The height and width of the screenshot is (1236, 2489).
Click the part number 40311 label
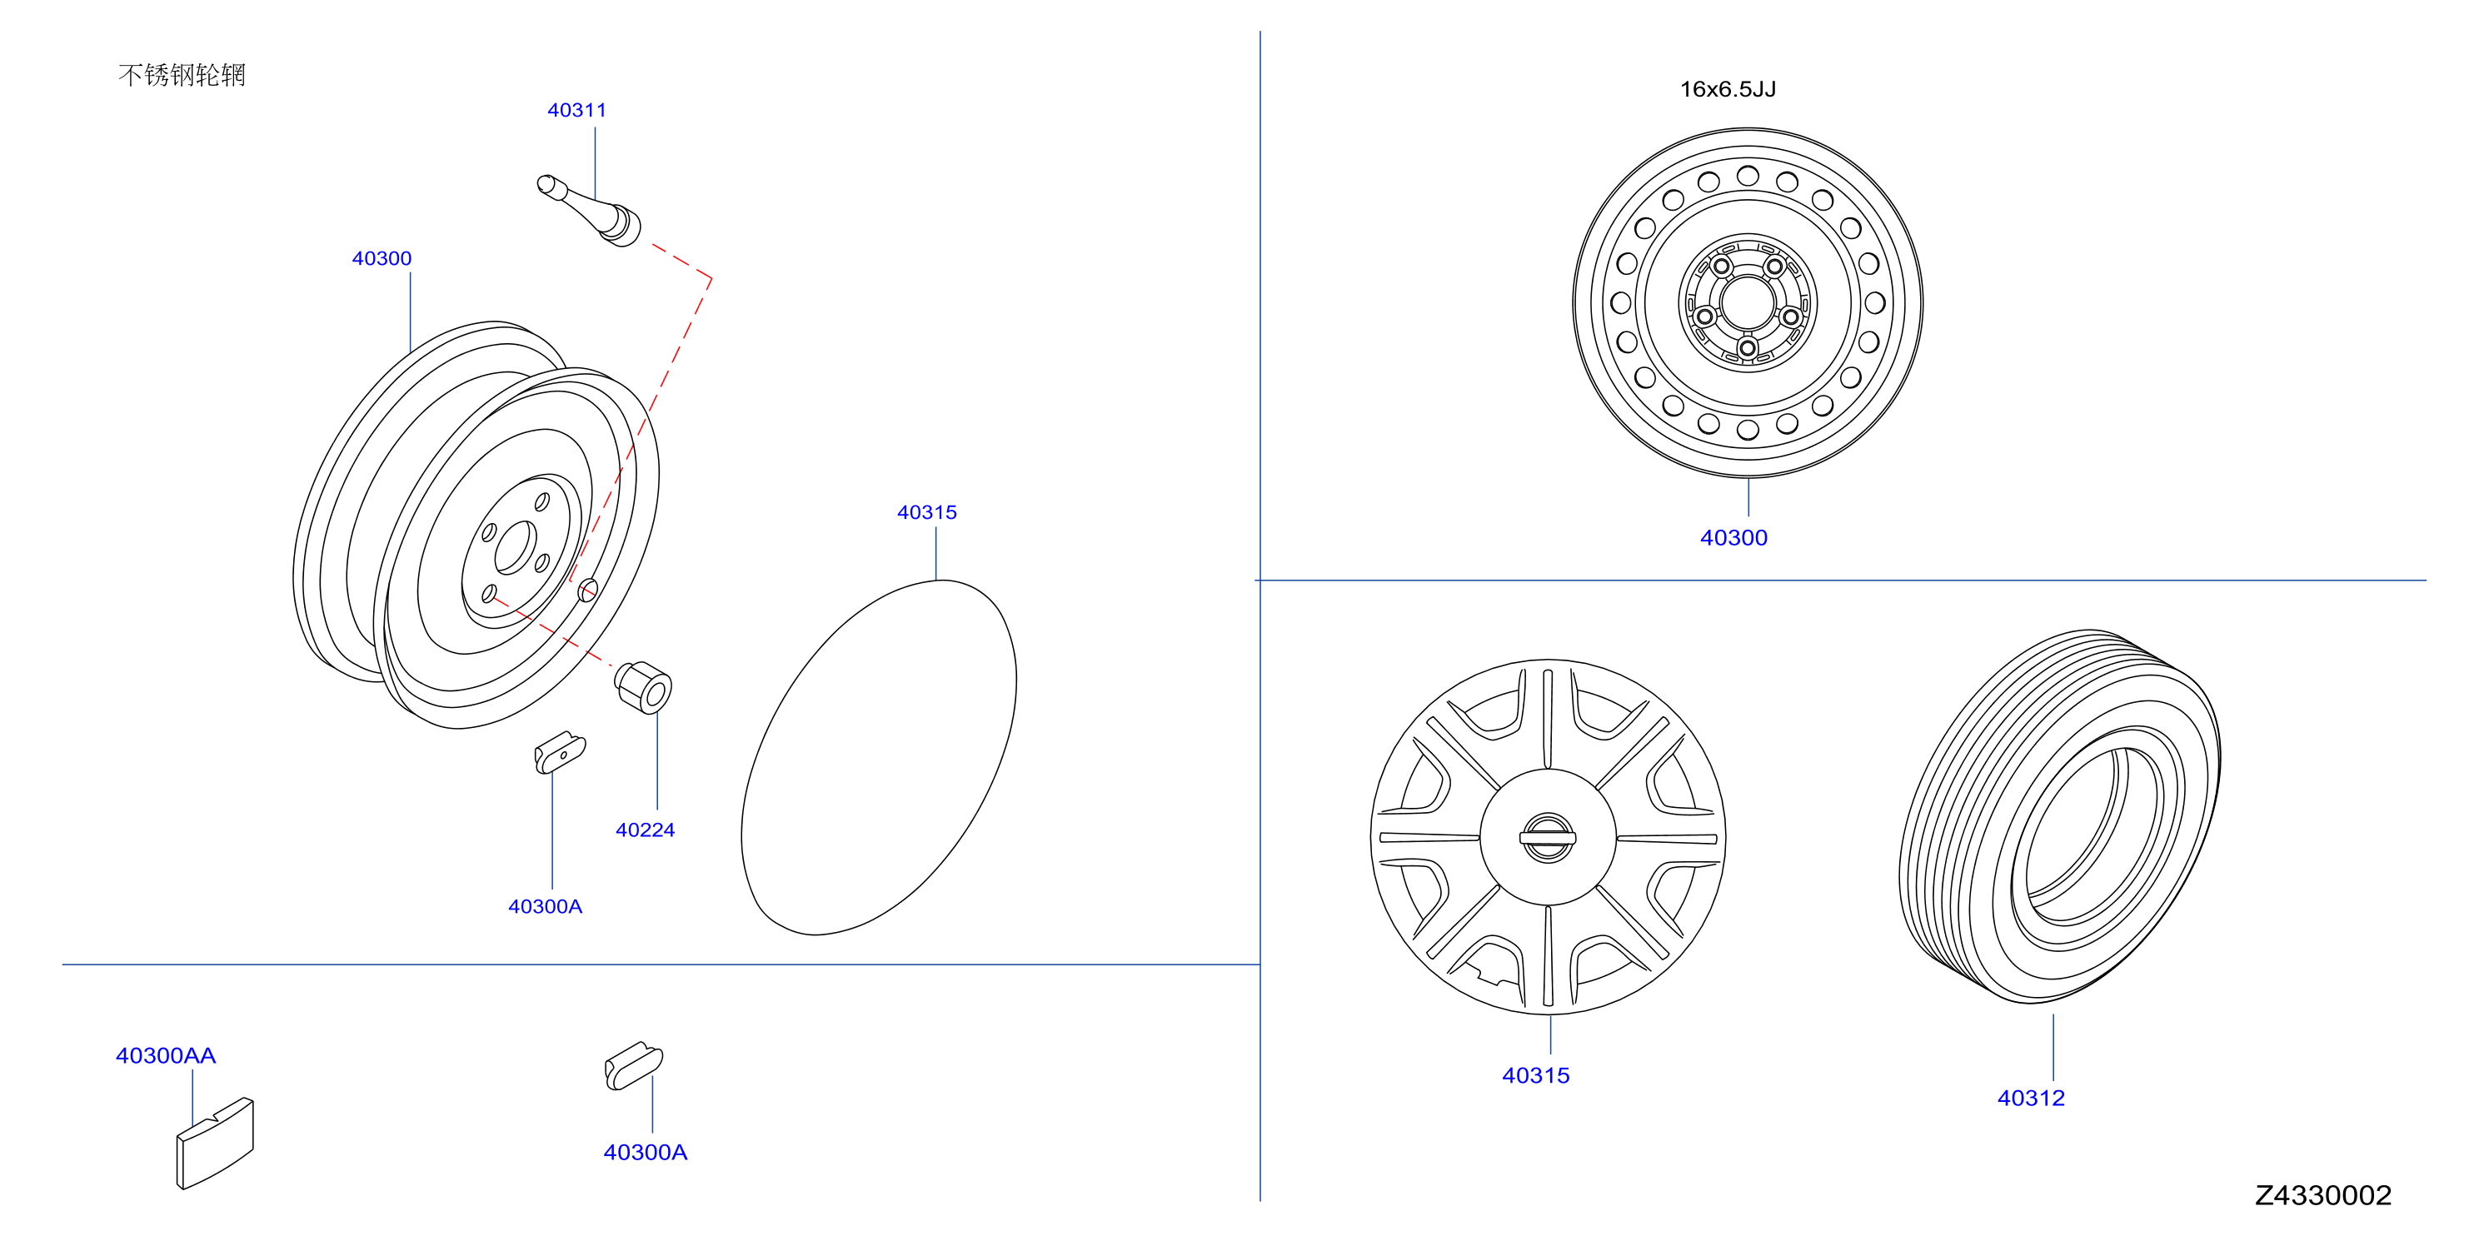[576, 110]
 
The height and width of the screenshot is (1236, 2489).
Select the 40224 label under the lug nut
[646, 830]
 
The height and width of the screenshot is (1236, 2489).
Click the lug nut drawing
[644, 687]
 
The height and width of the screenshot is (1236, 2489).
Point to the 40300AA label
[167, 1055]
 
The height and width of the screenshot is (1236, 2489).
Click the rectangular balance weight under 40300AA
[215, 1144]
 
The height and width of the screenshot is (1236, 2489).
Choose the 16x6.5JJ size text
[1728, 89]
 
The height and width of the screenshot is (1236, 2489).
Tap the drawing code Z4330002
[2322, 1195]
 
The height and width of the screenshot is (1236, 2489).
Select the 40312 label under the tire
[2031, 1098]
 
